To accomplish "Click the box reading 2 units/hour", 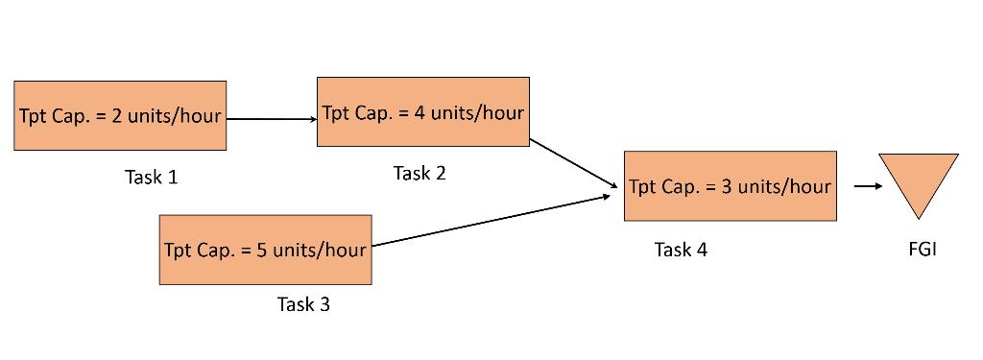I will [120, 115].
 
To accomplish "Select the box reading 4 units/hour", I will [422, 112].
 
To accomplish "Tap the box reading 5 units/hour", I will [265, 250].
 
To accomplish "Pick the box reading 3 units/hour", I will [730, 186].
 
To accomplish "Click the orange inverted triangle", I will [918, 180].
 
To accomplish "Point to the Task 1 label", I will [151, 177].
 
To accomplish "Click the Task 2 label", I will [420, 173].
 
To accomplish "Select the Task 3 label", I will [303, 304].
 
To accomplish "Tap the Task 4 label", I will [681, 250].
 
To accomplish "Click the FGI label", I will [922, 250].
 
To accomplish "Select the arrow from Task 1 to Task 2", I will [272, 119].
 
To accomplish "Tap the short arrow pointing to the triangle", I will [867, 186].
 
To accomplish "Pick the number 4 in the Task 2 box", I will [420, 113].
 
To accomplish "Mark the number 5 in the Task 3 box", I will [261, 251].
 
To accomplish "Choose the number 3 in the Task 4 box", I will [727, 186].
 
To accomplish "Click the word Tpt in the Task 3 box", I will [178, 251].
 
